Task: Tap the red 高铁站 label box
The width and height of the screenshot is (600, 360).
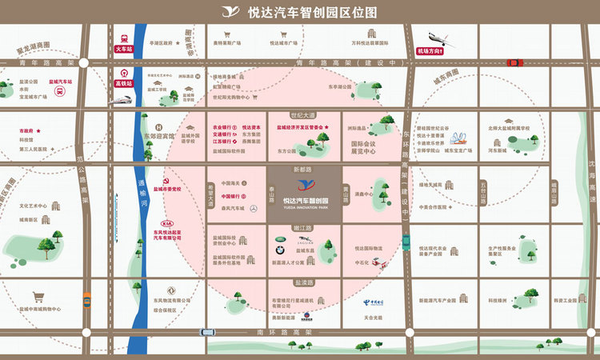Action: coord(123,82)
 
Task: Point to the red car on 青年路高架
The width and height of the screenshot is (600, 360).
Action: coord(515,62)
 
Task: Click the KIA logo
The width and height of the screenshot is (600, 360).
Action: coord(168,223)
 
